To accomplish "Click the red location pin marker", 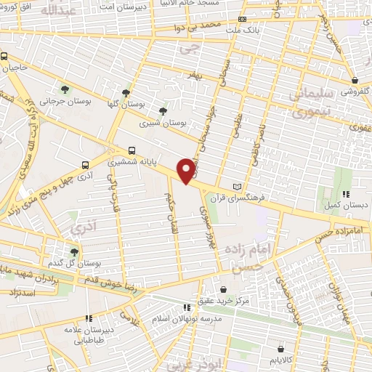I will [x=187, y=169].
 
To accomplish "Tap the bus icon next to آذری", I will [x=86, y=166].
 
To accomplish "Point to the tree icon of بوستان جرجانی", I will [x=66, y=90].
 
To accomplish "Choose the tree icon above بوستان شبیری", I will [x=161, y=111].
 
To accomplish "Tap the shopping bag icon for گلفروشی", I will [x=354, y=81].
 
